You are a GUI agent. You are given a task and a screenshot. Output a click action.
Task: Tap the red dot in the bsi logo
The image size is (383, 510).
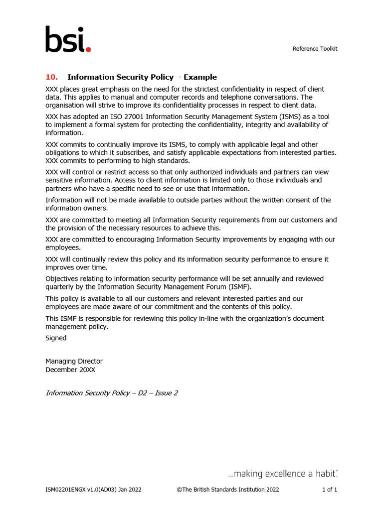point(89,49)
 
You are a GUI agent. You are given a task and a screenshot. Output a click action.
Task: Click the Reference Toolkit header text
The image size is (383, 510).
point(315,49)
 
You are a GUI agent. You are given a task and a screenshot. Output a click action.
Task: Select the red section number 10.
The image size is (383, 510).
point(51,77)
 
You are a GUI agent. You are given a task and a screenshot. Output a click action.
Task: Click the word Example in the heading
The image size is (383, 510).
point(200,77)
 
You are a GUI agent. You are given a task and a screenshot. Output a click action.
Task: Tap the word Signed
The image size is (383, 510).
point(56,338)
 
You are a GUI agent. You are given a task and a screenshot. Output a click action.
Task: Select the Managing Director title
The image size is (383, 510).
point(74,361)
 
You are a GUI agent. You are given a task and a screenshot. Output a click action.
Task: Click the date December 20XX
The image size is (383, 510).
point(70,370)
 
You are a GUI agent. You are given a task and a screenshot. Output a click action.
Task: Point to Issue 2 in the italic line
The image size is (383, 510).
point(166,393)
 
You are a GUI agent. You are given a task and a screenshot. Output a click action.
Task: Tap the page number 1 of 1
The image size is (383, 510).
point(330,490)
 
